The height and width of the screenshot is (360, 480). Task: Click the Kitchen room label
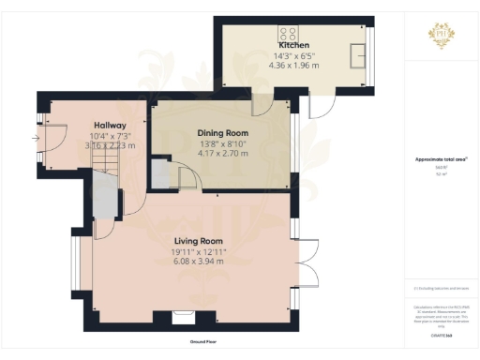[293, 45]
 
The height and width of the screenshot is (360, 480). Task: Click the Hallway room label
[111, 125]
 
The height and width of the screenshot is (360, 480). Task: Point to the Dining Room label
[222, 132]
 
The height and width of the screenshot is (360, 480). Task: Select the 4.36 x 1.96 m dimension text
[293, 66]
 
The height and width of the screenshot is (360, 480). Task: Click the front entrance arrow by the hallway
[35, 140]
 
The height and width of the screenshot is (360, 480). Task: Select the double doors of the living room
[306, 258]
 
